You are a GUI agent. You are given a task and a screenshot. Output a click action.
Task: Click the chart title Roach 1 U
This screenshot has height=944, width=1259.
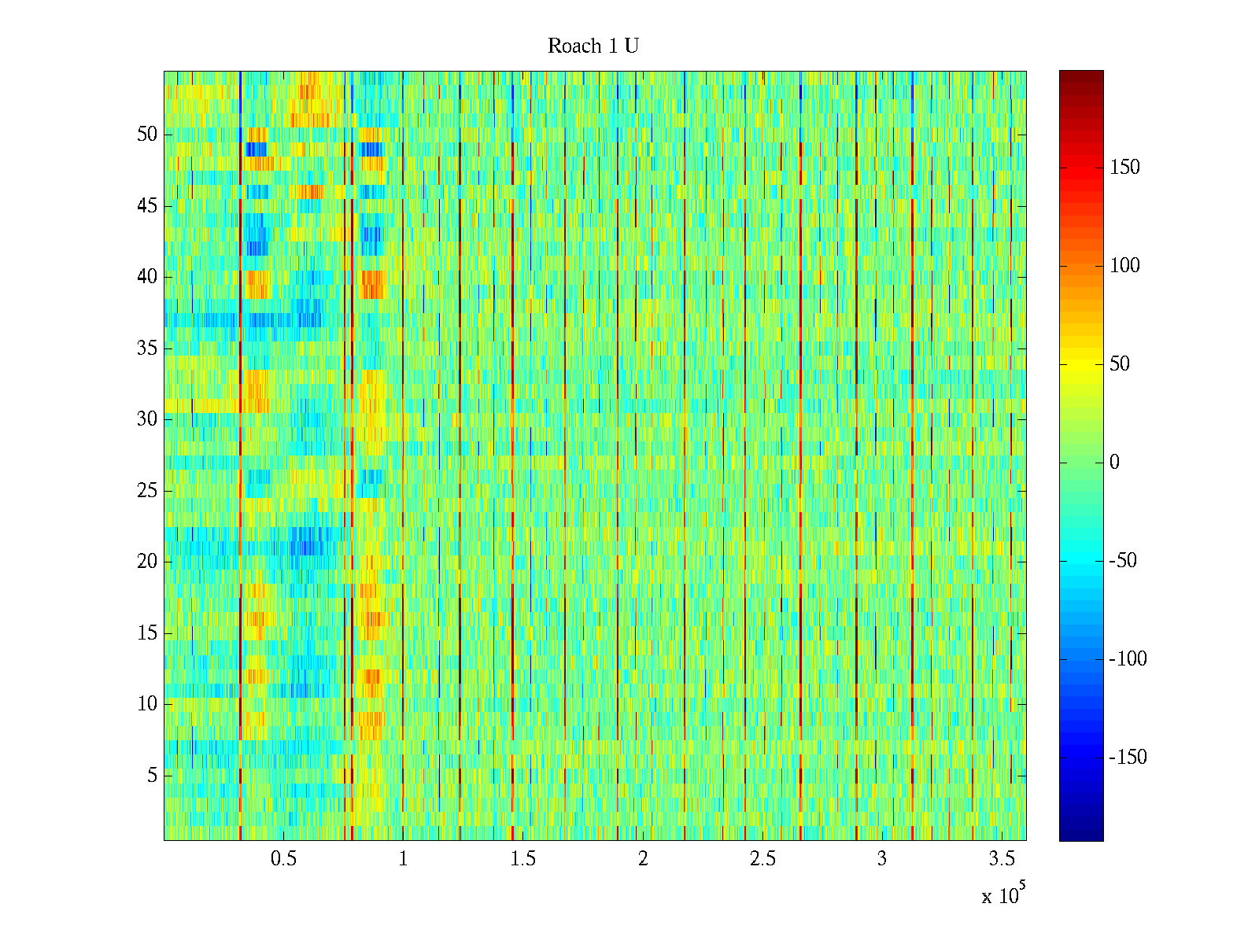(x=593, y=46)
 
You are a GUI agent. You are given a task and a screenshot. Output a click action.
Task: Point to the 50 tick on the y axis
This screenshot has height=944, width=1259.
(x=147, y=135)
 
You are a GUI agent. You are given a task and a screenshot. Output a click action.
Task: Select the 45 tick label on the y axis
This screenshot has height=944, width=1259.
(x=147, y=206)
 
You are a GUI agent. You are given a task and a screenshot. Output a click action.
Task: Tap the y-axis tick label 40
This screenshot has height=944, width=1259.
(x=147, y=277)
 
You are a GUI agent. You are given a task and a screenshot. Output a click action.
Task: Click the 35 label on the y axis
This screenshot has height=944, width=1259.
(x=147, y=348)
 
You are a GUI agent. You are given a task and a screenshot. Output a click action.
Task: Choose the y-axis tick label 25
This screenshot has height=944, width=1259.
(x=147, y=491)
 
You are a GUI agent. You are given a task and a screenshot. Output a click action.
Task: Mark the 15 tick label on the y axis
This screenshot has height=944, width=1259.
(x=147, y=633)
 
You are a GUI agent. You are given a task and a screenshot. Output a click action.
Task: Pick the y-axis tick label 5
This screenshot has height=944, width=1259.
(x=152, y=776)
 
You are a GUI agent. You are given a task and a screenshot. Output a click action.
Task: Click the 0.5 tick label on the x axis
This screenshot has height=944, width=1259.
(x=283, y=859)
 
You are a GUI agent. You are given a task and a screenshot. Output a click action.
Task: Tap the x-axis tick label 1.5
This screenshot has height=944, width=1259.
(x=522, y=859)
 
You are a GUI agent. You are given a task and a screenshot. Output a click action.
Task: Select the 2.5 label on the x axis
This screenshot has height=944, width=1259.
(x=762, y=859)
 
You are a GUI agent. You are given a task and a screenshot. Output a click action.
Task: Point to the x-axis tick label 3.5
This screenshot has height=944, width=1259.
(x=1001, y=859)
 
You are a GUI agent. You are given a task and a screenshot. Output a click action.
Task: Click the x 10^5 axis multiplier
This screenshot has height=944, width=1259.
(x=1002, y=894)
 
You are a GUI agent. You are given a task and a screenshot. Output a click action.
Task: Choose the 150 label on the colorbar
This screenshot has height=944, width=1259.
(x=1124, y=168)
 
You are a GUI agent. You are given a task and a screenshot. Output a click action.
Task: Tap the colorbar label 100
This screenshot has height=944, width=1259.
(x=1124, y=266)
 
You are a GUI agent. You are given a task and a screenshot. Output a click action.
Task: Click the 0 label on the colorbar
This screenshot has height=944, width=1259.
(x=1114, y=463)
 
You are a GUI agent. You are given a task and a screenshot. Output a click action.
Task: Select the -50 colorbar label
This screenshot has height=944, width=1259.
(x=1123, y=561)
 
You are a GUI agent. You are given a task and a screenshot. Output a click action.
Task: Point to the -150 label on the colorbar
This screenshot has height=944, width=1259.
(x=1128, y=758)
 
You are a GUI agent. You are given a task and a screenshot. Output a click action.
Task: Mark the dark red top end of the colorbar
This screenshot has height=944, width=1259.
(x=1081, y=76)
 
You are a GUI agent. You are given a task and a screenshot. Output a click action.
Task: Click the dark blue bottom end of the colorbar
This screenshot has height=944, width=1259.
(x=1081, y=835)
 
